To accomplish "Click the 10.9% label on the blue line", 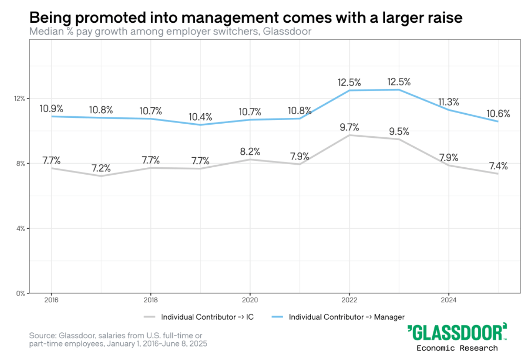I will click(51, 109).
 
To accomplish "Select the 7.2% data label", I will click(101, 168).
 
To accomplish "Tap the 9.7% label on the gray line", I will click(349, 127).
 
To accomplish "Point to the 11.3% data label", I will click(449, 102).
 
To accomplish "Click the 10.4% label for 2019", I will click(200, 117).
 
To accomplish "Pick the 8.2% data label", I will click(250, 152).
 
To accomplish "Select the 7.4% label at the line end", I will click(498, 166).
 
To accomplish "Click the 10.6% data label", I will click(498, 114).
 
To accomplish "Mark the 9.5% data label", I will click(399, 131).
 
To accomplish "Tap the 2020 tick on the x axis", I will click(250, 300).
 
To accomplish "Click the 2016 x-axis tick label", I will click(51, 300).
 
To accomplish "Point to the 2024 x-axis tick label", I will click(449, 300).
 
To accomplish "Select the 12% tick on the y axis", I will click(20, 99).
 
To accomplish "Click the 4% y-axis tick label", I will click(21, 229).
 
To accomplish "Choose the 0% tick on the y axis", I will click(21, 294).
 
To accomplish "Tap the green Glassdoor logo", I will click(457, 332).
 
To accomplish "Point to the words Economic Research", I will click(457, 348).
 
